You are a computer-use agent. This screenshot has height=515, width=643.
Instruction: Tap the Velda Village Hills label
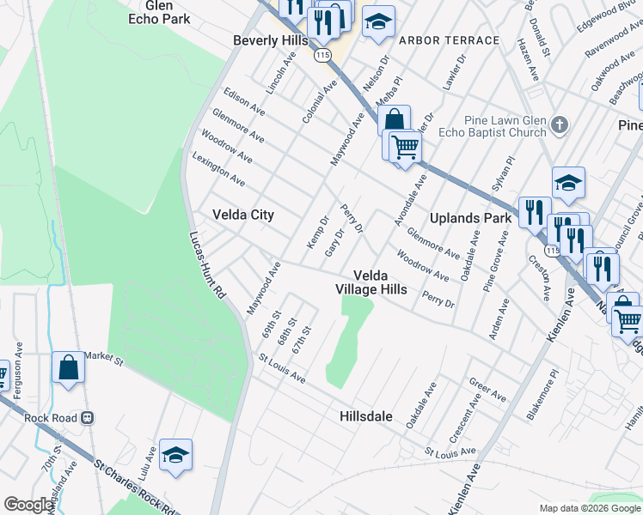pyautogui.click(x=370, y=282)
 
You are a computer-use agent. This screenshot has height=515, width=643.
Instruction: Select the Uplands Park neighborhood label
pyautogui.click(x=470, y=218)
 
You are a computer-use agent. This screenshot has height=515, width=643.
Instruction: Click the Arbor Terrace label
pyautogui.click(x=450, y=40)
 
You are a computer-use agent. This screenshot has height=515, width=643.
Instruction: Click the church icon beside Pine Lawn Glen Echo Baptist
pyautogui.click(x=560, y=125)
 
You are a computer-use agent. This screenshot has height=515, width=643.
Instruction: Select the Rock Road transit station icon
pyautogui.click(x=87, y=418)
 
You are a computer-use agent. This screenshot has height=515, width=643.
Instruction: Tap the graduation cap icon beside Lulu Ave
pyautogui.click(x=175, y=455)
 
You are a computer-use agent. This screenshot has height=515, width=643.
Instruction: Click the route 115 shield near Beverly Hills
pyautogui.click(x=322, y=54)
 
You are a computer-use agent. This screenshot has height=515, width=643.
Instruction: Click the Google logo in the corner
pyautogui.click(x=28, y=505)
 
